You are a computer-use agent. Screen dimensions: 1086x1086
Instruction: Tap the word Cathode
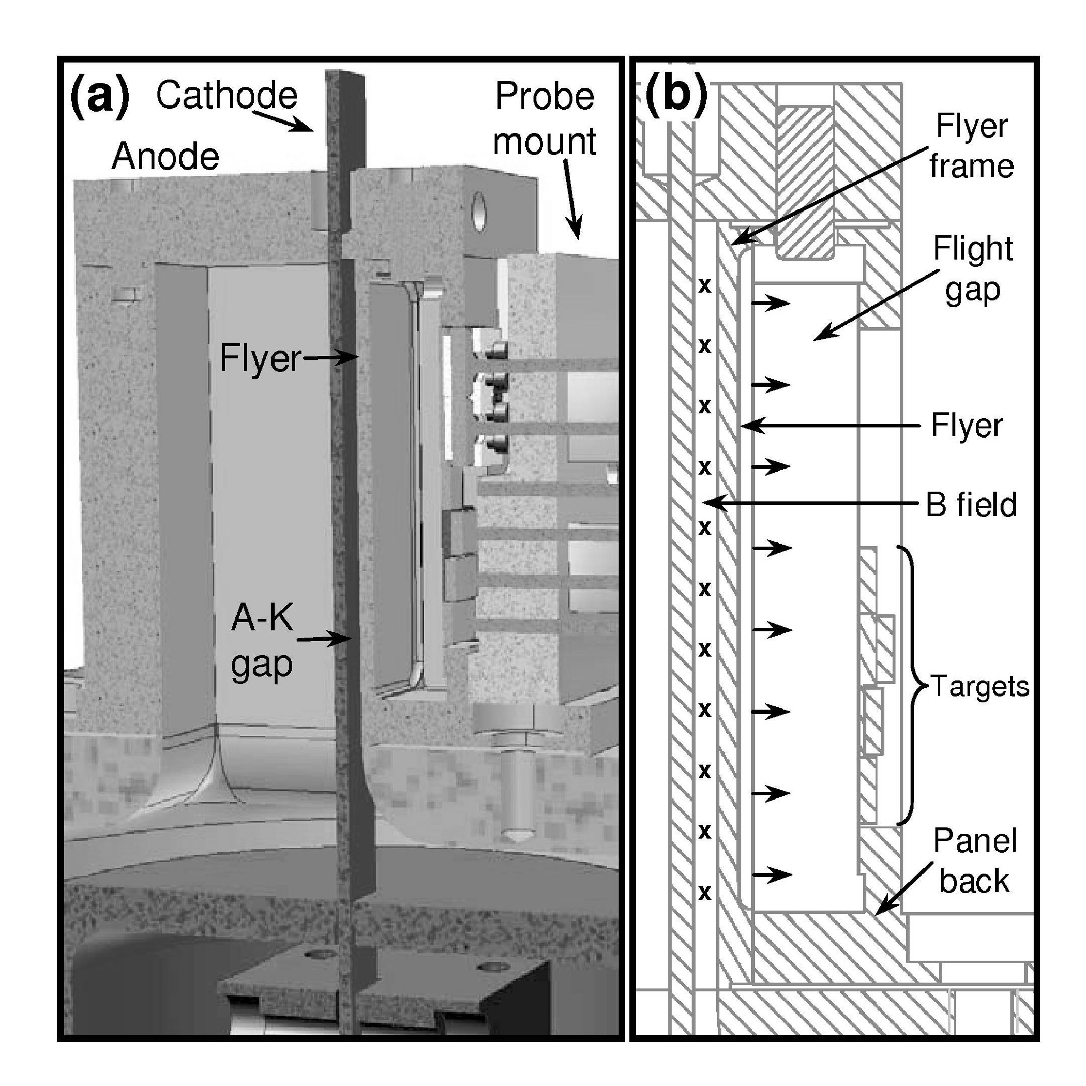[227, 95]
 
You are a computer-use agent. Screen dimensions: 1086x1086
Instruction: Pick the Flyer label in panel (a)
[260, 358]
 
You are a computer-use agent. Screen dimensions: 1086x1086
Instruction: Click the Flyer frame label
[971, 146]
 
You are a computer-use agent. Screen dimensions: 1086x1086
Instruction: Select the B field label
[971, 504]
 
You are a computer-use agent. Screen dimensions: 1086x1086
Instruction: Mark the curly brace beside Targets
[911, 686]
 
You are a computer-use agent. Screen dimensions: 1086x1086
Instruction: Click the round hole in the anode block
[479, 212]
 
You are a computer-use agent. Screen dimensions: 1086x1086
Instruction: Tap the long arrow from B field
[809, 503]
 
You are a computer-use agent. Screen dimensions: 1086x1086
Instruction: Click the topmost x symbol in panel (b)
[704, 286]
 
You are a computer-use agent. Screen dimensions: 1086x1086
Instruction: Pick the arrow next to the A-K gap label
[324, 639]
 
